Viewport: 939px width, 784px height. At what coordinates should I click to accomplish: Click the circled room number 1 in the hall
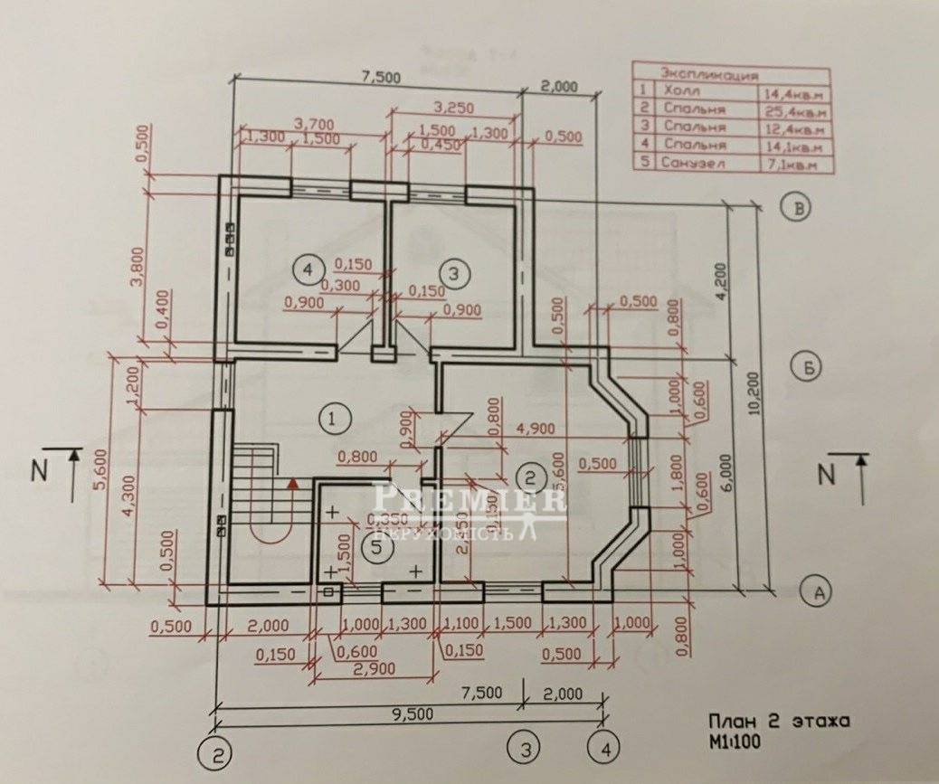(334, 418)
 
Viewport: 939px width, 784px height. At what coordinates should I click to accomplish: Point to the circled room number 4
(308, 269)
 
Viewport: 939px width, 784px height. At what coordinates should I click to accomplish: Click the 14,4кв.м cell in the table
(793, 90)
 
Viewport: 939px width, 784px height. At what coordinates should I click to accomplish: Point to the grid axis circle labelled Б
(810, 366)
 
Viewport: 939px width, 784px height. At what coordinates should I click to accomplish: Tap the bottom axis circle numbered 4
(603, 749)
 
